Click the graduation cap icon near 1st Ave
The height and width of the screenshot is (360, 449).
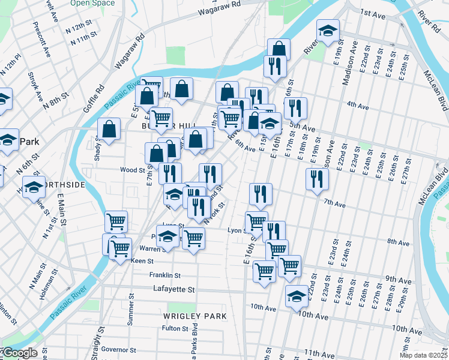click(328, 31)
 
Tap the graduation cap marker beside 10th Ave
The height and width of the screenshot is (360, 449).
click(297, 296)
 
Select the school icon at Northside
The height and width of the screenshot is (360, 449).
click(34, 187)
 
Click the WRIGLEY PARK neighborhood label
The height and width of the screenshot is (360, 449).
click(194, 316)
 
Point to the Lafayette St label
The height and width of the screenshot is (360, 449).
click(173, 289)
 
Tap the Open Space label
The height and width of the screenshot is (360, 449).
click(92, 3)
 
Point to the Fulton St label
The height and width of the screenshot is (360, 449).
click(175, 329)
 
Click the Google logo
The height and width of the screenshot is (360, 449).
click(19, 353)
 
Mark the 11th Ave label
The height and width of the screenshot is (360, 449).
click(319, 353)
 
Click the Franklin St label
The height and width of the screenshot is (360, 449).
click(165, 275)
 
